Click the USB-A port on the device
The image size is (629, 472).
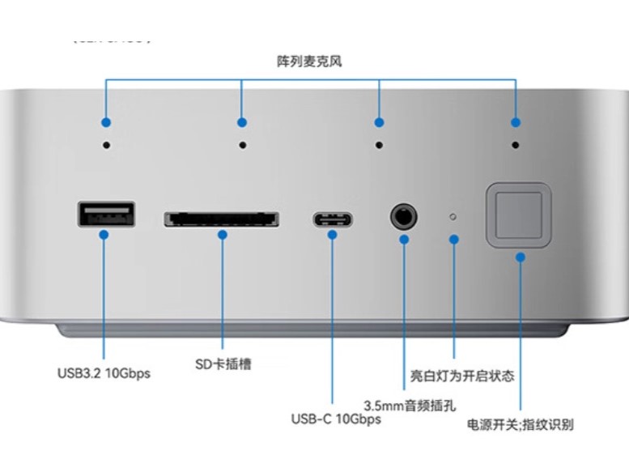click(107, 214)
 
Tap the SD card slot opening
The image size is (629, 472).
click(222, 219)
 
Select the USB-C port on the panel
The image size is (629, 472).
click(332, 219)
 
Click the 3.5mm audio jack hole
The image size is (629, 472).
click(402, 216)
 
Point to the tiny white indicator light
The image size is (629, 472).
click(453, 217)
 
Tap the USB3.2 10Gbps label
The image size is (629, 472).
click(104, 373)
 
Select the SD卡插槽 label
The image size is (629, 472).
click(223, 364)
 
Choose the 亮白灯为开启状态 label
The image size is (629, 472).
click(462, 376)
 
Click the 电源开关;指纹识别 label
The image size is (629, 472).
click(521, 424)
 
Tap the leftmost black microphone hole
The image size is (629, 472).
click(106, 145)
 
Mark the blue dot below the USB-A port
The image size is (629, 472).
click(104, 235)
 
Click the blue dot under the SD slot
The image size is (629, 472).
click(223, 235)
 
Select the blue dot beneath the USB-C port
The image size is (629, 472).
click(332, 235)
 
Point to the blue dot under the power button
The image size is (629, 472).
click(520, 256)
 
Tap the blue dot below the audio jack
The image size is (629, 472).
click(403, 239)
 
